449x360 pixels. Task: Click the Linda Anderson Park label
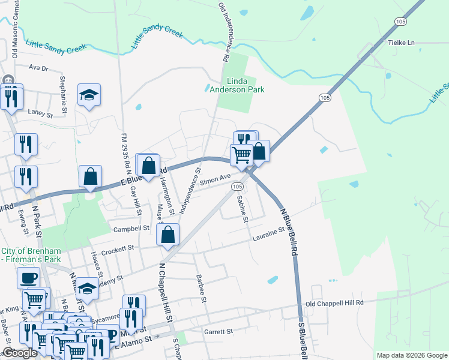237,85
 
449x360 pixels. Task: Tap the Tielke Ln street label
402,43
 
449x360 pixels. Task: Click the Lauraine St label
267,232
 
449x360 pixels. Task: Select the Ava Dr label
37,68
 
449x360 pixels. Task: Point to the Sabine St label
242,209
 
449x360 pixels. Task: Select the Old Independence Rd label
224,31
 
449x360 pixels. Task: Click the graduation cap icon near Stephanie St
89,95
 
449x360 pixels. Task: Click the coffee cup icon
28,278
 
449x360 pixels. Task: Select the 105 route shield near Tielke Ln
402,22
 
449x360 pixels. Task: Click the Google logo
20,353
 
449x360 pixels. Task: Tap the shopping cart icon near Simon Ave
241,154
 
